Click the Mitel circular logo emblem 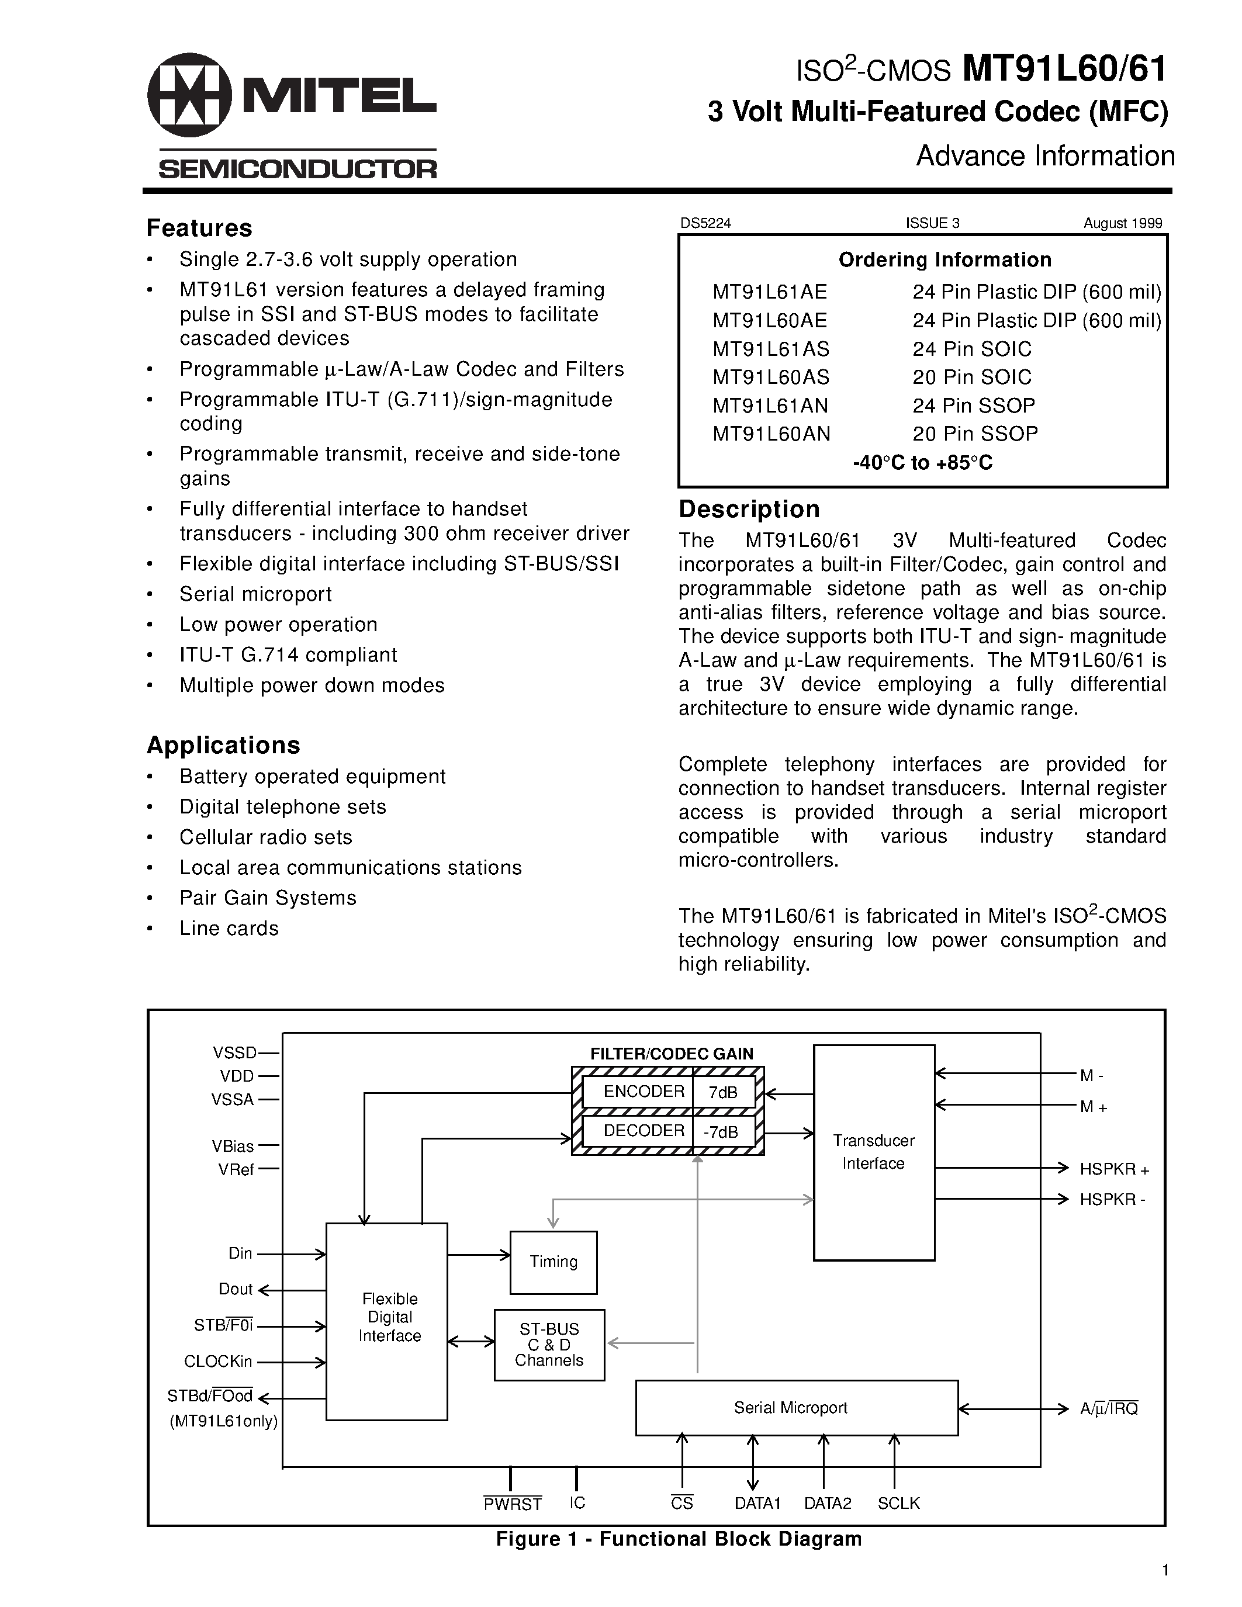point(189,95)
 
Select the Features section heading point(199,228)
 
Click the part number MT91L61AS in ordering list point(770,349)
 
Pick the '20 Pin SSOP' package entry point(975,434)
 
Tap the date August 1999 point(1122,224)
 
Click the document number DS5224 point(705,224)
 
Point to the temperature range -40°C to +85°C point(923,463)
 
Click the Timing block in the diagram point(553,1262)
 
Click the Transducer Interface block point(873,1152)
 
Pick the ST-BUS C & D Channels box point(549,1344)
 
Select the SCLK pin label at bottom point(898,1503)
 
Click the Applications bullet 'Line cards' point(229,929)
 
